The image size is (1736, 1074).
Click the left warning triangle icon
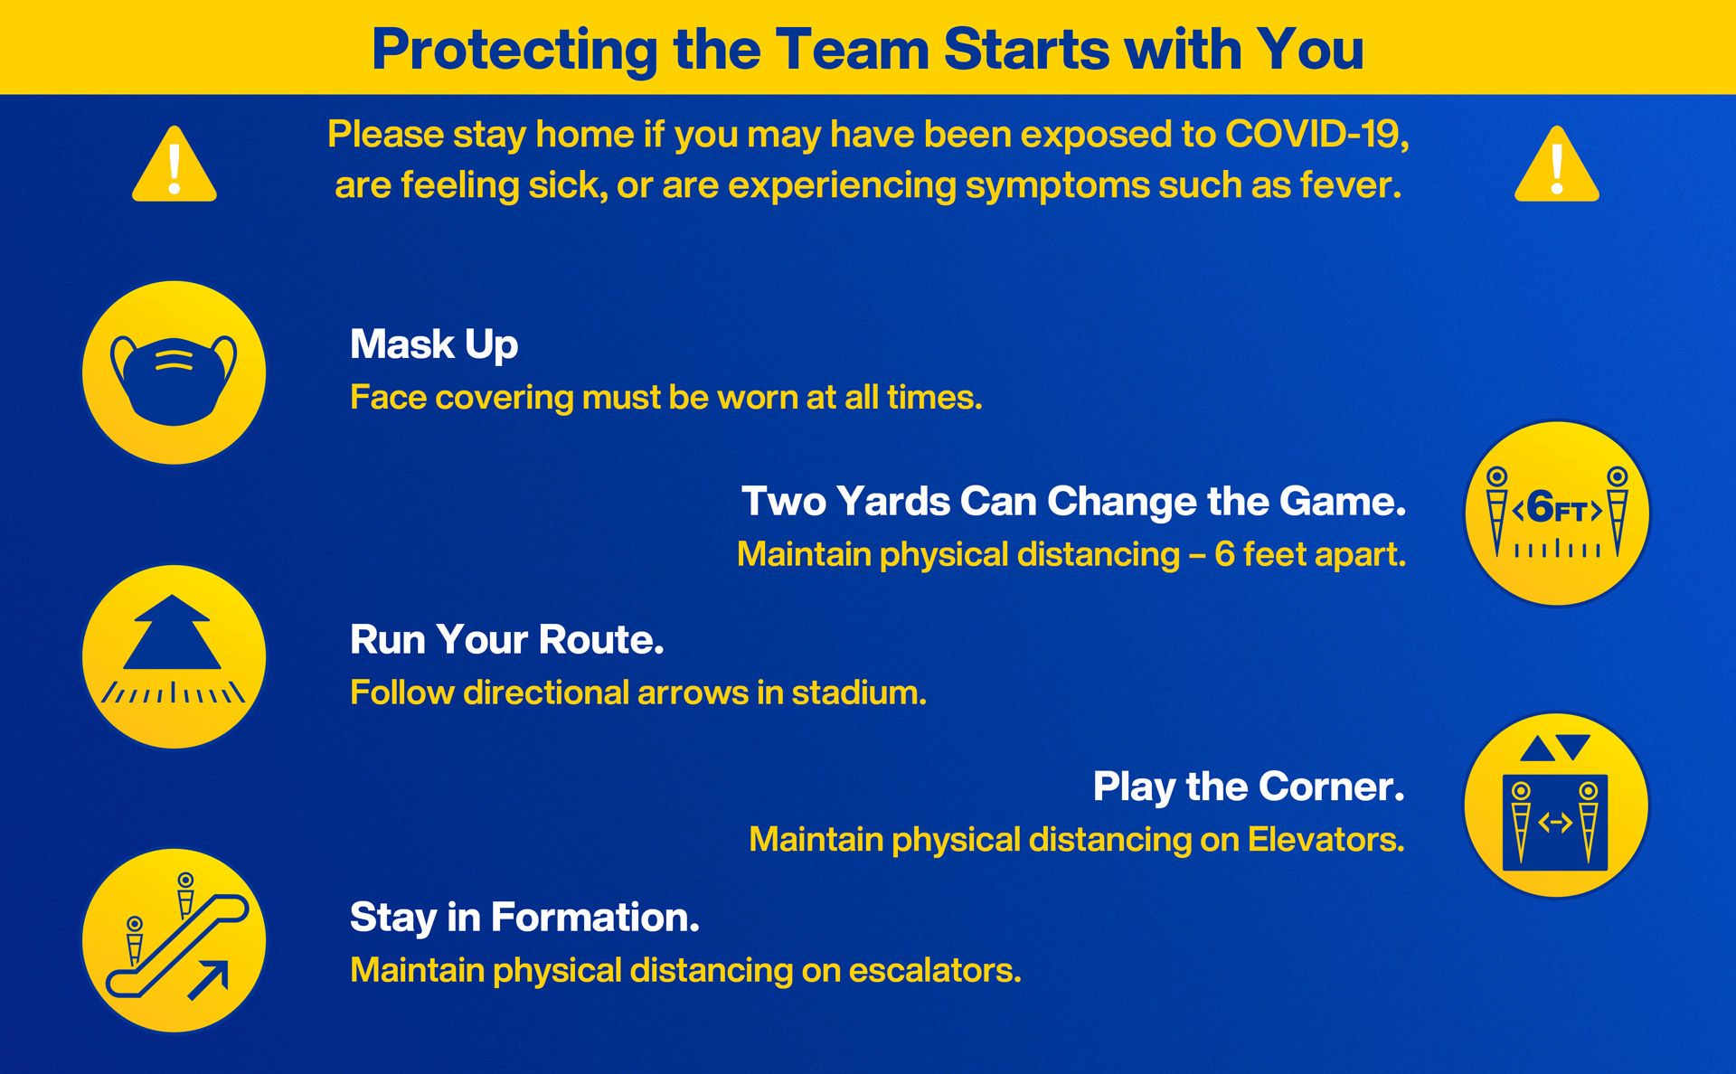pyautogui.click(x=175, y=165)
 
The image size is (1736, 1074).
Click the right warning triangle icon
pyautogui.click(x=1556, y=165)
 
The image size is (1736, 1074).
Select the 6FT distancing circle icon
pyautogui.click(x=1556, y=513)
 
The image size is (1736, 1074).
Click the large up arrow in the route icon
pyautogui.click(x=172, y=632)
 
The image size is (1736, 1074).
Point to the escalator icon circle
pyautogui.click(x=174, y=940)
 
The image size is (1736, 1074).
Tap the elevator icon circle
pyautogui.click(x=1556, y=805)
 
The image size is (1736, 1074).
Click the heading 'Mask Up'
pyautogui.click(x=434, y=345)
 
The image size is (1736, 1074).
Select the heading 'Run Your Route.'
pyautogui.click(x=507, y=640)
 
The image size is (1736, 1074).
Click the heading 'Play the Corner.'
pyautogui.click(x=1249, y=787)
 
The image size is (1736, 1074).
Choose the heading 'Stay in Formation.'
pyautogui.click(x=524, y=918)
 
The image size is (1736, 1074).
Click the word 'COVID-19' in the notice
pyautogui.click(x=1316, y=135)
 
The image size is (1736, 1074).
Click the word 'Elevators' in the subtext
pyautogui.click(x=1326, y=840)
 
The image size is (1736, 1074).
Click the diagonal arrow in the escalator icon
pyautogui.click(x=208, y=980)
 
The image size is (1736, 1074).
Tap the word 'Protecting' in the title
pyautogui.click(x=515, y=51)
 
